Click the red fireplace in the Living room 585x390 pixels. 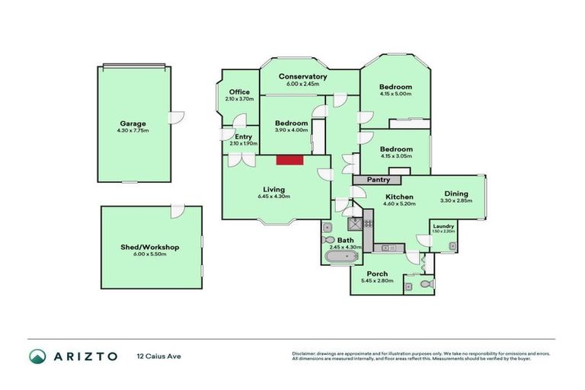coord(289,159)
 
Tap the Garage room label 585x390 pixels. coord(133,123)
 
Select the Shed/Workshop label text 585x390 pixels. coord(152,247)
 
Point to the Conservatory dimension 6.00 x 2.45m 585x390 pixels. coord(302,84)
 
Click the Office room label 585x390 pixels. coord(239,92)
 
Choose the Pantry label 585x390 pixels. coord(379,180)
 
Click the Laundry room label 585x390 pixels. coord(443,225)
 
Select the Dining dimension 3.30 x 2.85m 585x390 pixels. coord(457,201)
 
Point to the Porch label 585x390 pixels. coord(377,273)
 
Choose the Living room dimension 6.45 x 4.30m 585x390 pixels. coord(273,197)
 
